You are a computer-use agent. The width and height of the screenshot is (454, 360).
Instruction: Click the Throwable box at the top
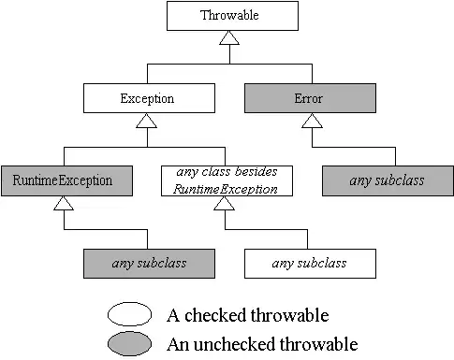coord(229,15)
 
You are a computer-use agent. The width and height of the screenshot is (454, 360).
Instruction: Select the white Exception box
coord(147,97)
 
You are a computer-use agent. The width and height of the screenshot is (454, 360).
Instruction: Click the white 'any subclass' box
coord(309,263)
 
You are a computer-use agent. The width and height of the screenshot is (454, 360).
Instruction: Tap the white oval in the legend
coord(136,314)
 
